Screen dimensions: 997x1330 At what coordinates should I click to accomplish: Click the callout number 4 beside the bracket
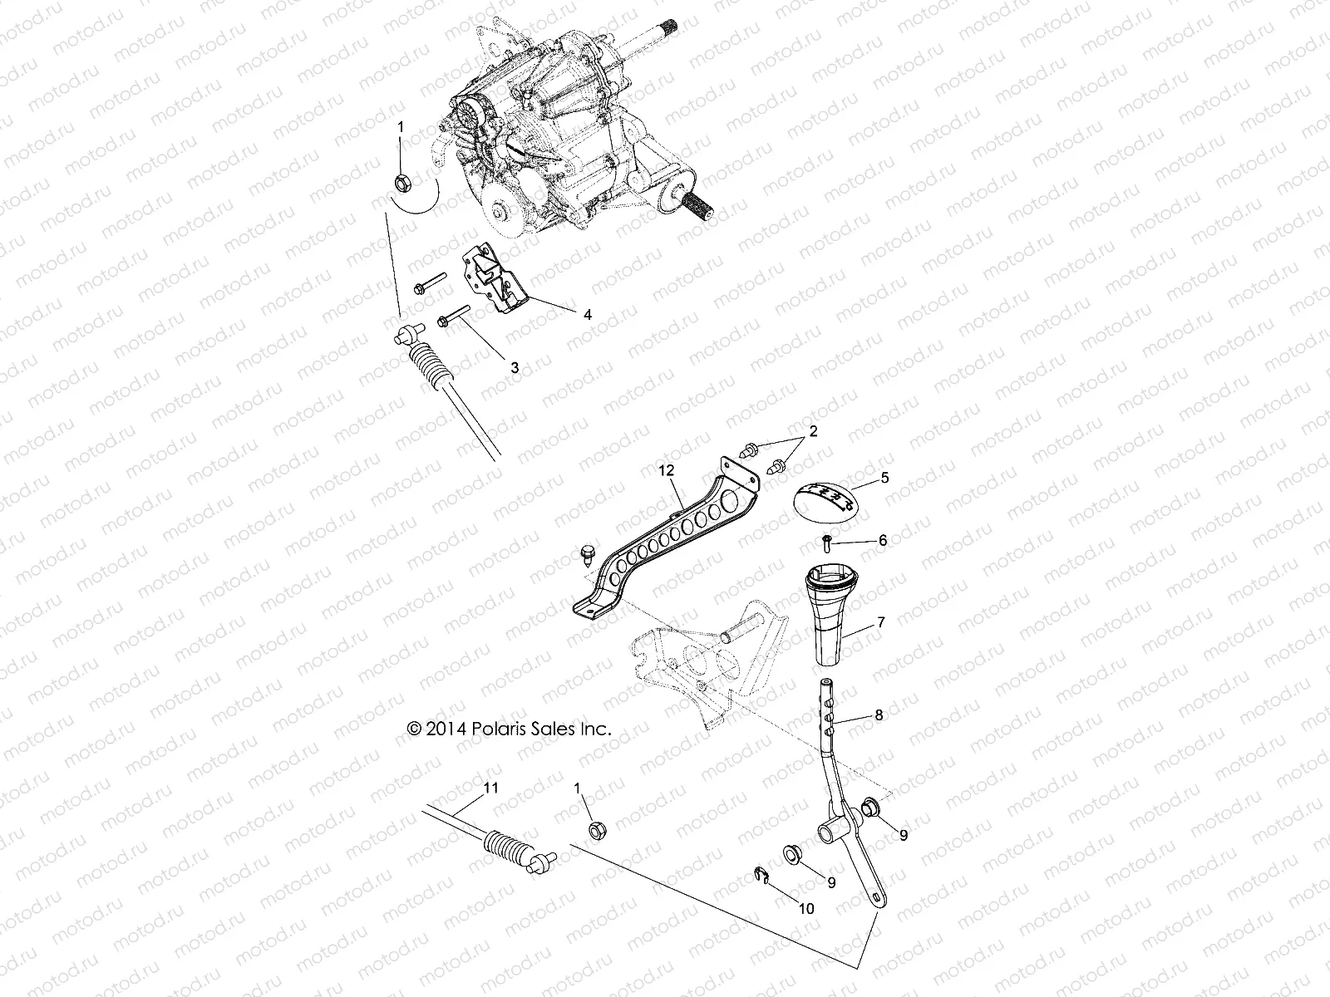tap(588, 315)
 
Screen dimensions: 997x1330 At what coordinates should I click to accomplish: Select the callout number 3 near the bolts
tap(515, 367)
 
